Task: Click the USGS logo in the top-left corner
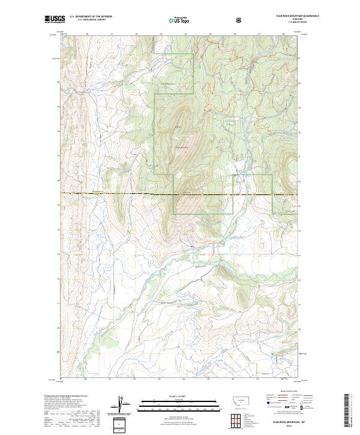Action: click(x=55, y=19)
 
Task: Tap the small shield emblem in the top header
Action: click(x=240, y=20)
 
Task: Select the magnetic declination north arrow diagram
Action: click(x=119, y=404)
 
